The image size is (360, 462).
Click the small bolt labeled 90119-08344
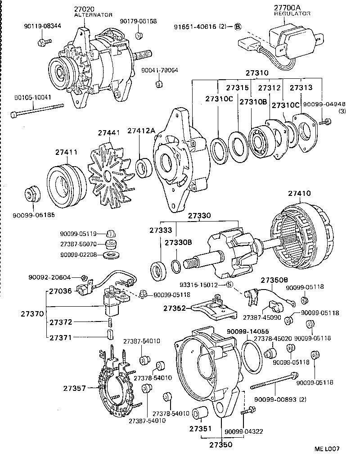(x=42, y=42)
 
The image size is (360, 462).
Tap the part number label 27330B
(x=178, y=242)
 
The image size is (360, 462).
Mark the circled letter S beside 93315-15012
(x=229, y=285)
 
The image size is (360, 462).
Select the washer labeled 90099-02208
(x=108, y=255)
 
